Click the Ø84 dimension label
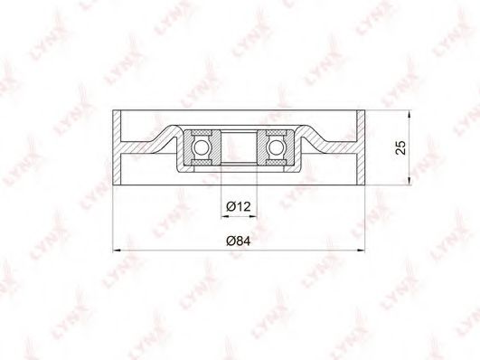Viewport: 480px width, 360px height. (x=238, y=242)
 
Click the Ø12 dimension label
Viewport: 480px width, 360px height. (x=239, y=207)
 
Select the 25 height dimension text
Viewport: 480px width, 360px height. (x=400, y=147)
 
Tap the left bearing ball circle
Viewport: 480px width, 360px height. (x=200, y=147)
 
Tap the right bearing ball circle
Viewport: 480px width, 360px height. (x=276, y=147)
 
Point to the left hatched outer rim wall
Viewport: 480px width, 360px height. (x=117, y=147)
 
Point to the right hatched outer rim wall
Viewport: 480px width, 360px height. (x=361, y=147)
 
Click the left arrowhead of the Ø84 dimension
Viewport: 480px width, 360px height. (x=117, y=251)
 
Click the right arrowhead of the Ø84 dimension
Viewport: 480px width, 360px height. (x=362, y=251)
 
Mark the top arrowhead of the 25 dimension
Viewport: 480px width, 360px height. (x=409, y=114)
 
